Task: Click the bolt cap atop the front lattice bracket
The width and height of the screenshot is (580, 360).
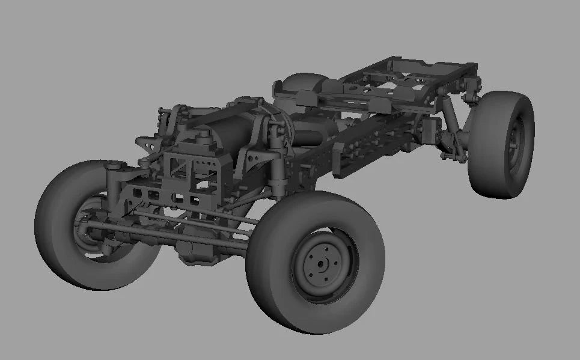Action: click(201, 141)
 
